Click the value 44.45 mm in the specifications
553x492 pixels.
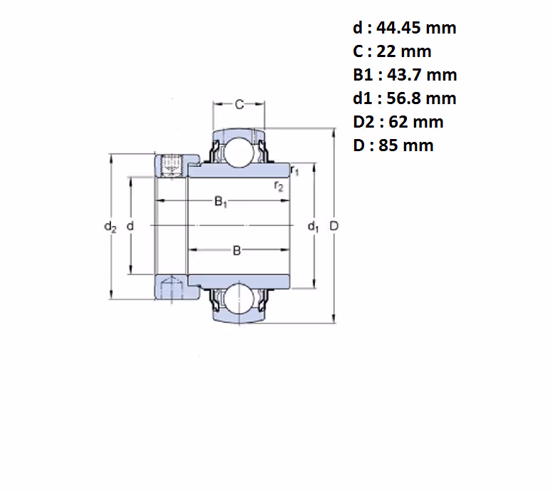tap(416, 28)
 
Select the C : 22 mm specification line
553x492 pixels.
tap(392, 51)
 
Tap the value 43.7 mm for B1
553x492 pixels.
tap(422, 75)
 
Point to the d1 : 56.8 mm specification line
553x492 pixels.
tap(405, 98)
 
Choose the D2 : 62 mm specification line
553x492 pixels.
tap(398, 122)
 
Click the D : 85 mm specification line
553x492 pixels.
tap(393, 145)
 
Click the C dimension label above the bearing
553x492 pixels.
tap(239, 105)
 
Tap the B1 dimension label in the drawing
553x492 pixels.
tap(221, 202)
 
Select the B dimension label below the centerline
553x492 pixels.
tap(237, 250)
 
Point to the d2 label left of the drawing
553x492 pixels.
tap(110, 226)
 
